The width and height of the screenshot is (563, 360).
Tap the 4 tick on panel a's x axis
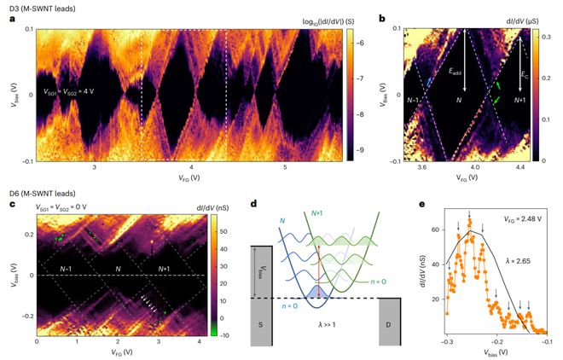[192, 168]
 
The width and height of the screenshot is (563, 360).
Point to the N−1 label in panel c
[60, 268]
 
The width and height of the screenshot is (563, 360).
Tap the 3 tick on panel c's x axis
[159, 343]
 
